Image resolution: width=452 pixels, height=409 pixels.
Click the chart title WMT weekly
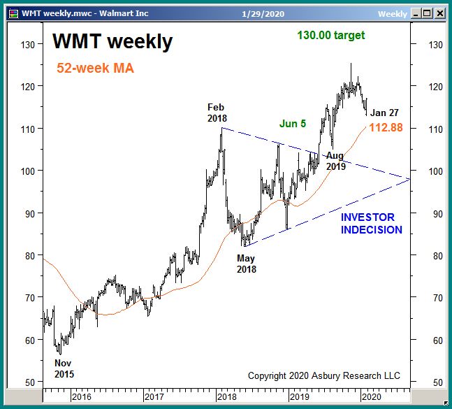(x=112, y=42)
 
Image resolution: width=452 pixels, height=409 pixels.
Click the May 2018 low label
(x=246, y=264)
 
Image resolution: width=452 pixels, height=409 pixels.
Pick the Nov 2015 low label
(x=64, y=368)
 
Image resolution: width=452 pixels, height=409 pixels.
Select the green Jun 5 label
(x=293, y=123)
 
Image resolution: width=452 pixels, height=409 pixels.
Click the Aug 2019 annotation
(x=335, y=161)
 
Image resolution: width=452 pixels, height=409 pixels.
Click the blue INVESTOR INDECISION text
(x=371, y=224)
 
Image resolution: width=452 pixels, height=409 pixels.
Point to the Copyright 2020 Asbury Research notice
(x=324, y=376)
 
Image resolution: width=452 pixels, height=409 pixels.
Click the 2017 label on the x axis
(x=154, y=397)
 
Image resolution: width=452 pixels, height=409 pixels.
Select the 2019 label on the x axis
(x=300, y=397)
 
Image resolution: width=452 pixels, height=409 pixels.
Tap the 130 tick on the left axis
(x=28, y=45)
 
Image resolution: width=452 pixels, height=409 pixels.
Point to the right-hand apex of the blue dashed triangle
(x=409, y=179)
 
